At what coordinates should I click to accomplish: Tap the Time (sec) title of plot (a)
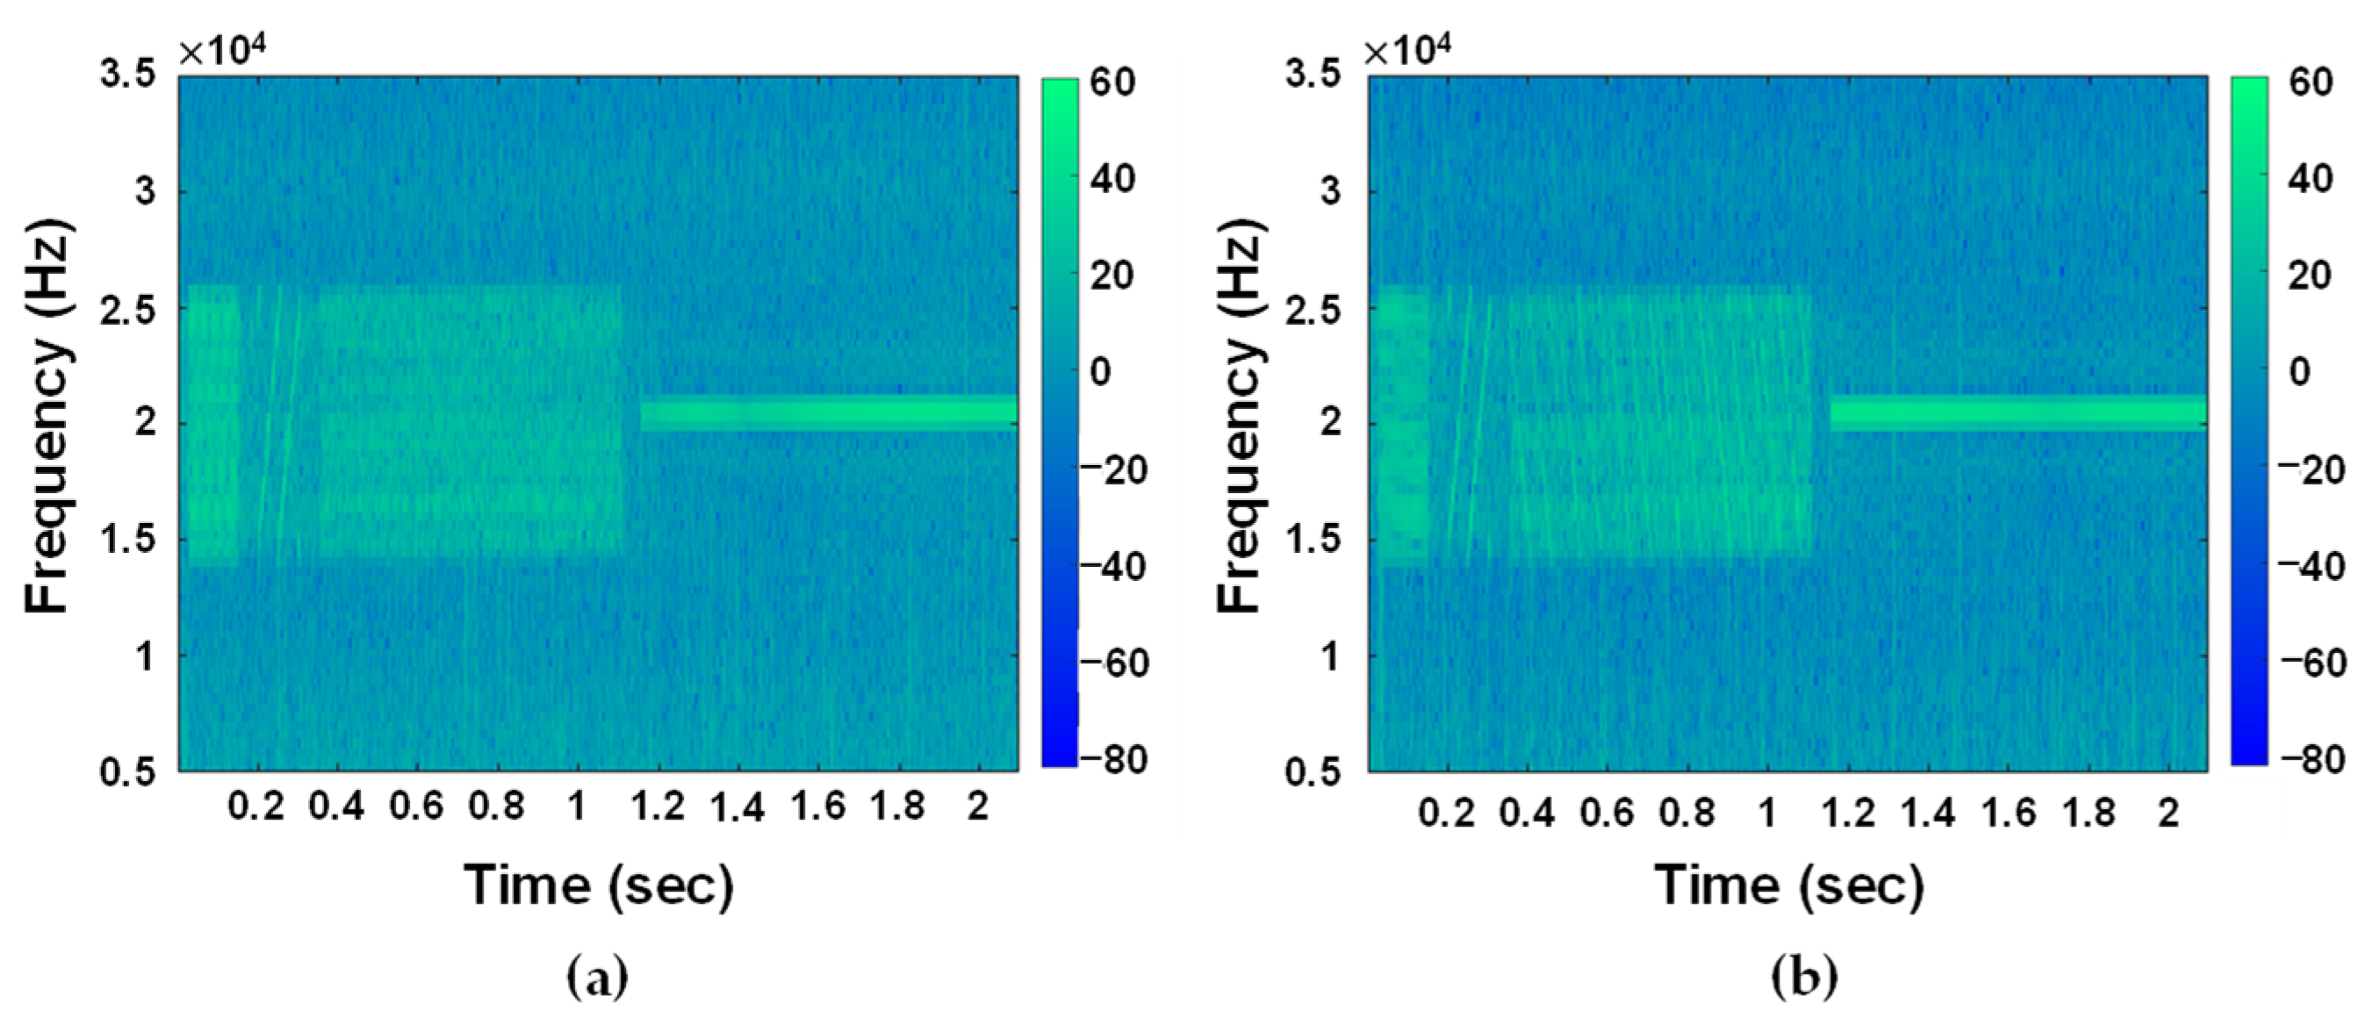click(x=599, y=885)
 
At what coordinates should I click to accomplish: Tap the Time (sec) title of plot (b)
click(x=1789, y=885)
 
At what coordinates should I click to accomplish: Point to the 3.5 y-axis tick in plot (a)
click(x=128, y=76)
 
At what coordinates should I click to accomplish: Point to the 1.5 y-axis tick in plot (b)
click(x=1313, y=539)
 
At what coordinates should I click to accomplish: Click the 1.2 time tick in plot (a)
click(x=658, y=806)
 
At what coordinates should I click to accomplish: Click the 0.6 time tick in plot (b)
click(x=1607, y=812)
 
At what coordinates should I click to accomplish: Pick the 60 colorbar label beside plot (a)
click(x=1114, y=82)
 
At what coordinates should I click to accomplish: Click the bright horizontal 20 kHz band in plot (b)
click(x=2017, y=413)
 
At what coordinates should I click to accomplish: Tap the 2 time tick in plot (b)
click(x=2168, y=812)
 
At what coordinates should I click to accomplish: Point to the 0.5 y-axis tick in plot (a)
click(x=128, y=771)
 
